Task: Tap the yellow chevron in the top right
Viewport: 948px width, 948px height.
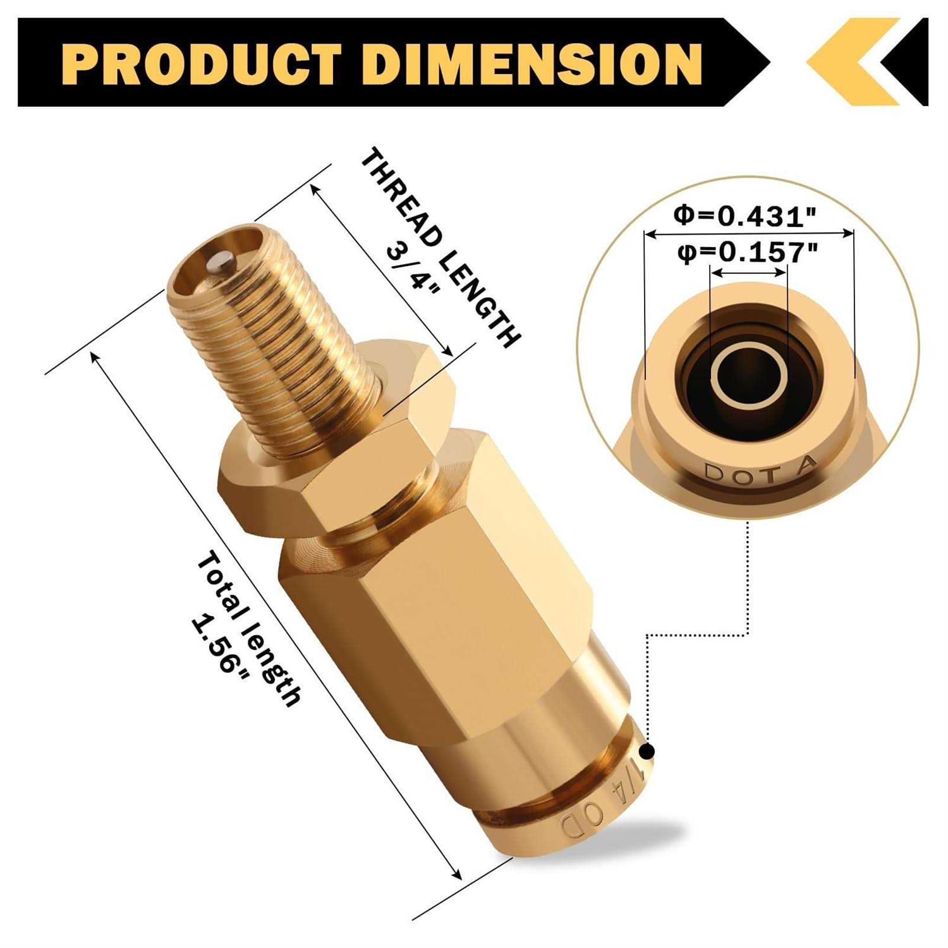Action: pos(847,61)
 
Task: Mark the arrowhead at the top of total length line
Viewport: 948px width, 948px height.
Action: pos(95,355)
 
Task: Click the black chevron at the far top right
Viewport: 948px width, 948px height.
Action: pos(910,61)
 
